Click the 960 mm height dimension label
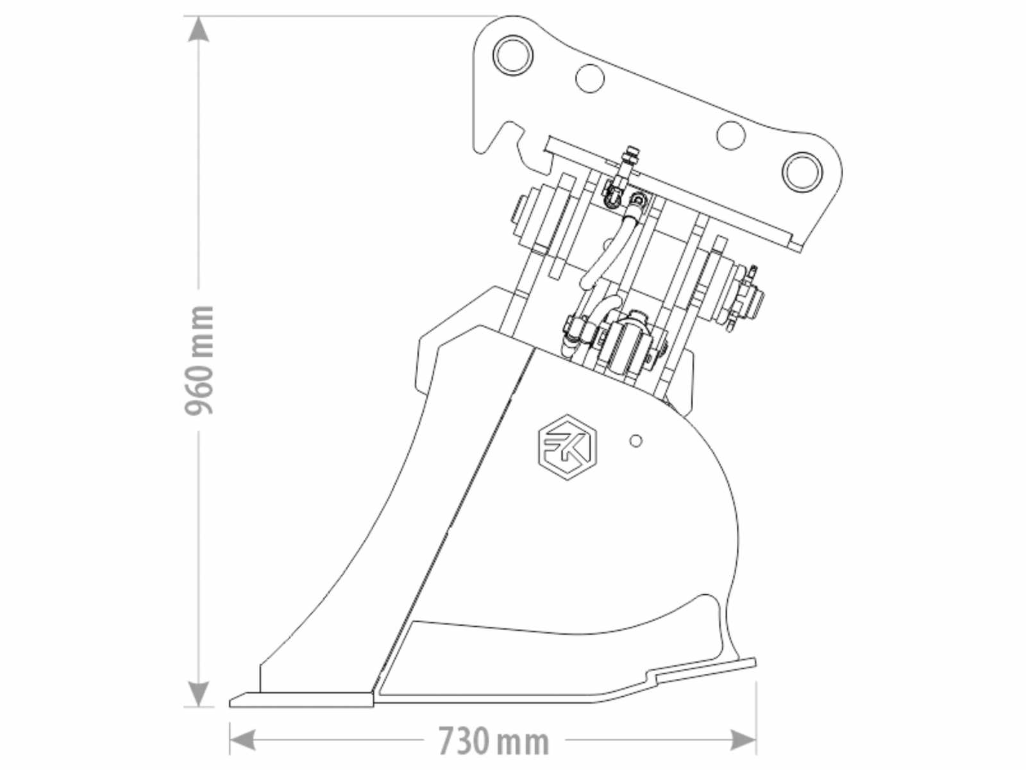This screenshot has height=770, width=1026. coord(199,360)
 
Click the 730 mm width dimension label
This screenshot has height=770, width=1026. coord(494,740)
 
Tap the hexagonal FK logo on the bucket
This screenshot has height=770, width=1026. coord(568,447)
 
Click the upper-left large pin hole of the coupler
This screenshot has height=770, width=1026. coord(513,55)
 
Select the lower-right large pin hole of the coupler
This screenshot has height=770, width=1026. coord(803,171)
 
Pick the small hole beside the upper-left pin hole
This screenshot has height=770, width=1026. coord(590,78)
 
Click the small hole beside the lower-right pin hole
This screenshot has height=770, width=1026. coord(730,135)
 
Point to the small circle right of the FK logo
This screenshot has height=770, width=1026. coord(636,440)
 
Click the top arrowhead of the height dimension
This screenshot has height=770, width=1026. coord(198,29)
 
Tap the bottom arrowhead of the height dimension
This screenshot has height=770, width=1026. coord(198,694)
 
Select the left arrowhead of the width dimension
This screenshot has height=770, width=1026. coord(242,740)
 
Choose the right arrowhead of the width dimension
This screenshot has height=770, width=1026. coord(743,740)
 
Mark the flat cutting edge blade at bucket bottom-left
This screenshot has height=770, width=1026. coord(302,699)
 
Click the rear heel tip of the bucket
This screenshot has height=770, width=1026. coord(754,662)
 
